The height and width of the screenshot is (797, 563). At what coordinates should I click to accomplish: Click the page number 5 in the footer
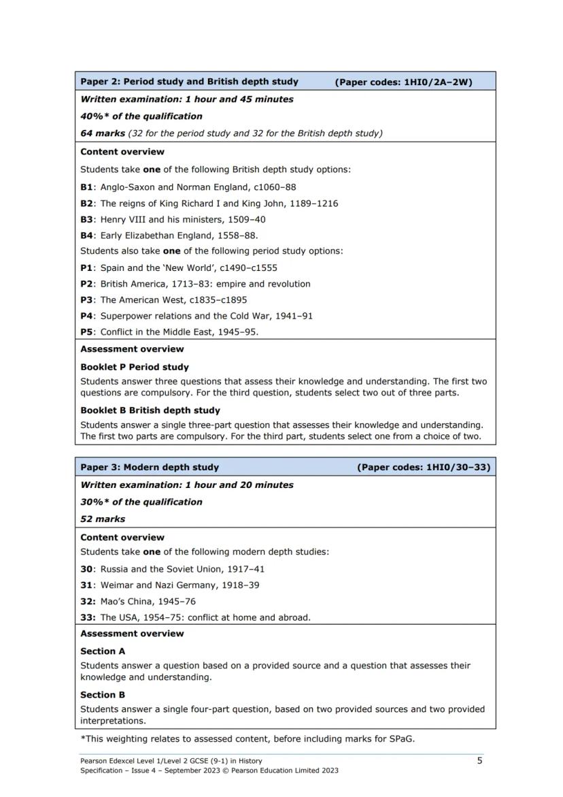[479, 760]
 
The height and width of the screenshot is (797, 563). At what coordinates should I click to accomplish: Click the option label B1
[87, 187]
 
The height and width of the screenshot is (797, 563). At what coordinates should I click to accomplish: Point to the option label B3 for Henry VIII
[87, 219]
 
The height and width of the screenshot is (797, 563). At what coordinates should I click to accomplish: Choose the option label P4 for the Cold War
[87, 316]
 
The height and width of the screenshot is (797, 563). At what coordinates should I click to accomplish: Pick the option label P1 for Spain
[87, 267]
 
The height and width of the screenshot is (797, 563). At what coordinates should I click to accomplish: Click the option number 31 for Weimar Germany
[87, 585]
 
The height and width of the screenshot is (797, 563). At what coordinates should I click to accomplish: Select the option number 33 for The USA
[87, 618]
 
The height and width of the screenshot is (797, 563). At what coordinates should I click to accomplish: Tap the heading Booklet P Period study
[135, 367]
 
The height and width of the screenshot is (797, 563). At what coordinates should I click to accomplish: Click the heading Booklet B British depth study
[150, 410]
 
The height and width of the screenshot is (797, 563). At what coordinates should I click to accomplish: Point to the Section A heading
[103, 651]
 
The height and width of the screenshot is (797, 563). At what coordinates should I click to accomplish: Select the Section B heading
[103, 695]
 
